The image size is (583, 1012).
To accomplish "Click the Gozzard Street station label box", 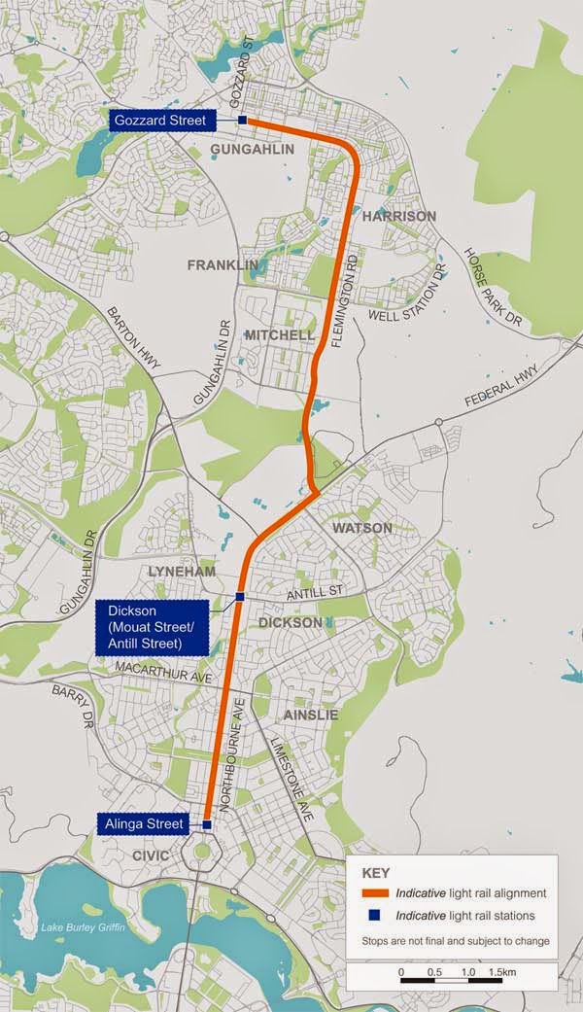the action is point(160,121).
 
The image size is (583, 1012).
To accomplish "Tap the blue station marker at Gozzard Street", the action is point(242,121).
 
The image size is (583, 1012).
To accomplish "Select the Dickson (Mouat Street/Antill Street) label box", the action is point(153,626).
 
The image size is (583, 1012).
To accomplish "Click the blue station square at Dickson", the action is point(239,596).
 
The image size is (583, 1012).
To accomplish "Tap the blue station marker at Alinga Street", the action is point(207,824).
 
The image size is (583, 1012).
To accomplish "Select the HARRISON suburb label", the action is point(399,216).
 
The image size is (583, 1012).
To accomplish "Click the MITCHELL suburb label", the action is point(280,335).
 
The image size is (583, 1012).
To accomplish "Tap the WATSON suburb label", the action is point(362,528).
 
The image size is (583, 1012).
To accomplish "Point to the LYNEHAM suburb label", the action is point(182,572).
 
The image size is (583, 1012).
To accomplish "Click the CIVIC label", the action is point(151,855).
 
